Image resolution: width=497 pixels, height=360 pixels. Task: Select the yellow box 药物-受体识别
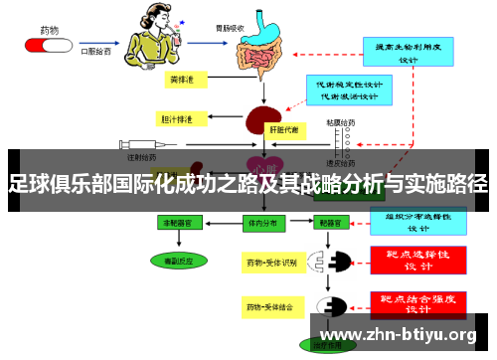(271, 263)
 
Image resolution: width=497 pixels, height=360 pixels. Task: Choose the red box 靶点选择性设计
(416, 261)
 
